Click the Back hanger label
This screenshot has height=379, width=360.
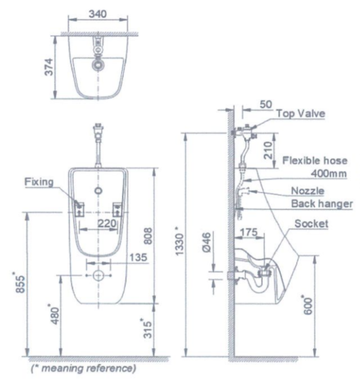[x=322, y=204]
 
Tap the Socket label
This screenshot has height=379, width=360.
[x=311, y=224]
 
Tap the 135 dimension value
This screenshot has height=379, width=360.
[x=138, y=257]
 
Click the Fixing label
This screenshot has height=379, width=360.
[x=39, y=182]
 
